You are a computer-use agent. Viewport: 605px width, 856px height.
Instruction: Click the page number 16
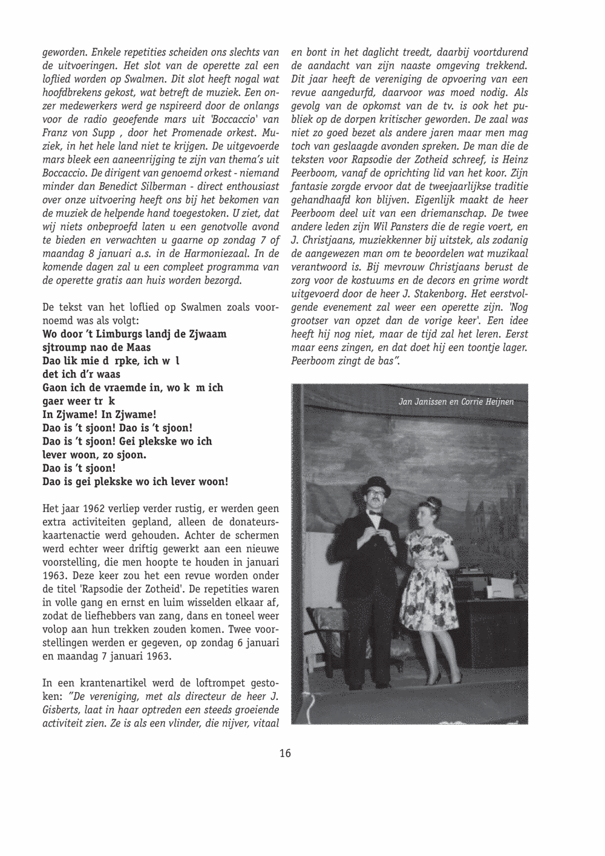(285, 753)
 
